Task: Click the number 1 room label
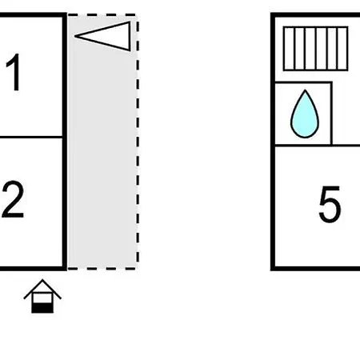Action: (14, 72)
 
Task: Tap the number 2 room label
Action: (13, 199)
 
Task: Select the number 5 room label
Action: (330, 204)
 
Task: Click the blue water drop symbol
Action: (305, 114)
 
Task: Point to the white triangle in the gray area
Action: (102, 36)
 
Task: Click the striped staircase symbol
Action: (316, 49)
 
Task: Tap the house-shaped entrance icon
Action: (42, 296)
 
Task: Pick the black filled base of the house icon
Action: (42, 308)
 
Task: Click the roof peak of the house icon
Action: (42, 280)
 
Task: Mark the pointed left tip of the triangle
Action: (75, 36)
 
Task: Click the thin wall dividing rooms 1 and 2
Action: (31, 138)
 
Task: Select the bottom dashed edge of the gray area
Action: (102, 269)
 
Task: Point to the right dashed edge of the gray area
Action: (138, 142)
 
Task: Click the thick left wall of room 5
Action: (273, 142)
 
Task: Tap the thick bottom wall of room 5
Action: (315, 268)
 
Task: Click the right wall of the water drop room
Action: (331, 114)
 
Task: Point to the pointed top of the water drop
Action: (305, 90)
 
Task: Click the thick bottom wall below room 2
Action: (34, 268)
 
